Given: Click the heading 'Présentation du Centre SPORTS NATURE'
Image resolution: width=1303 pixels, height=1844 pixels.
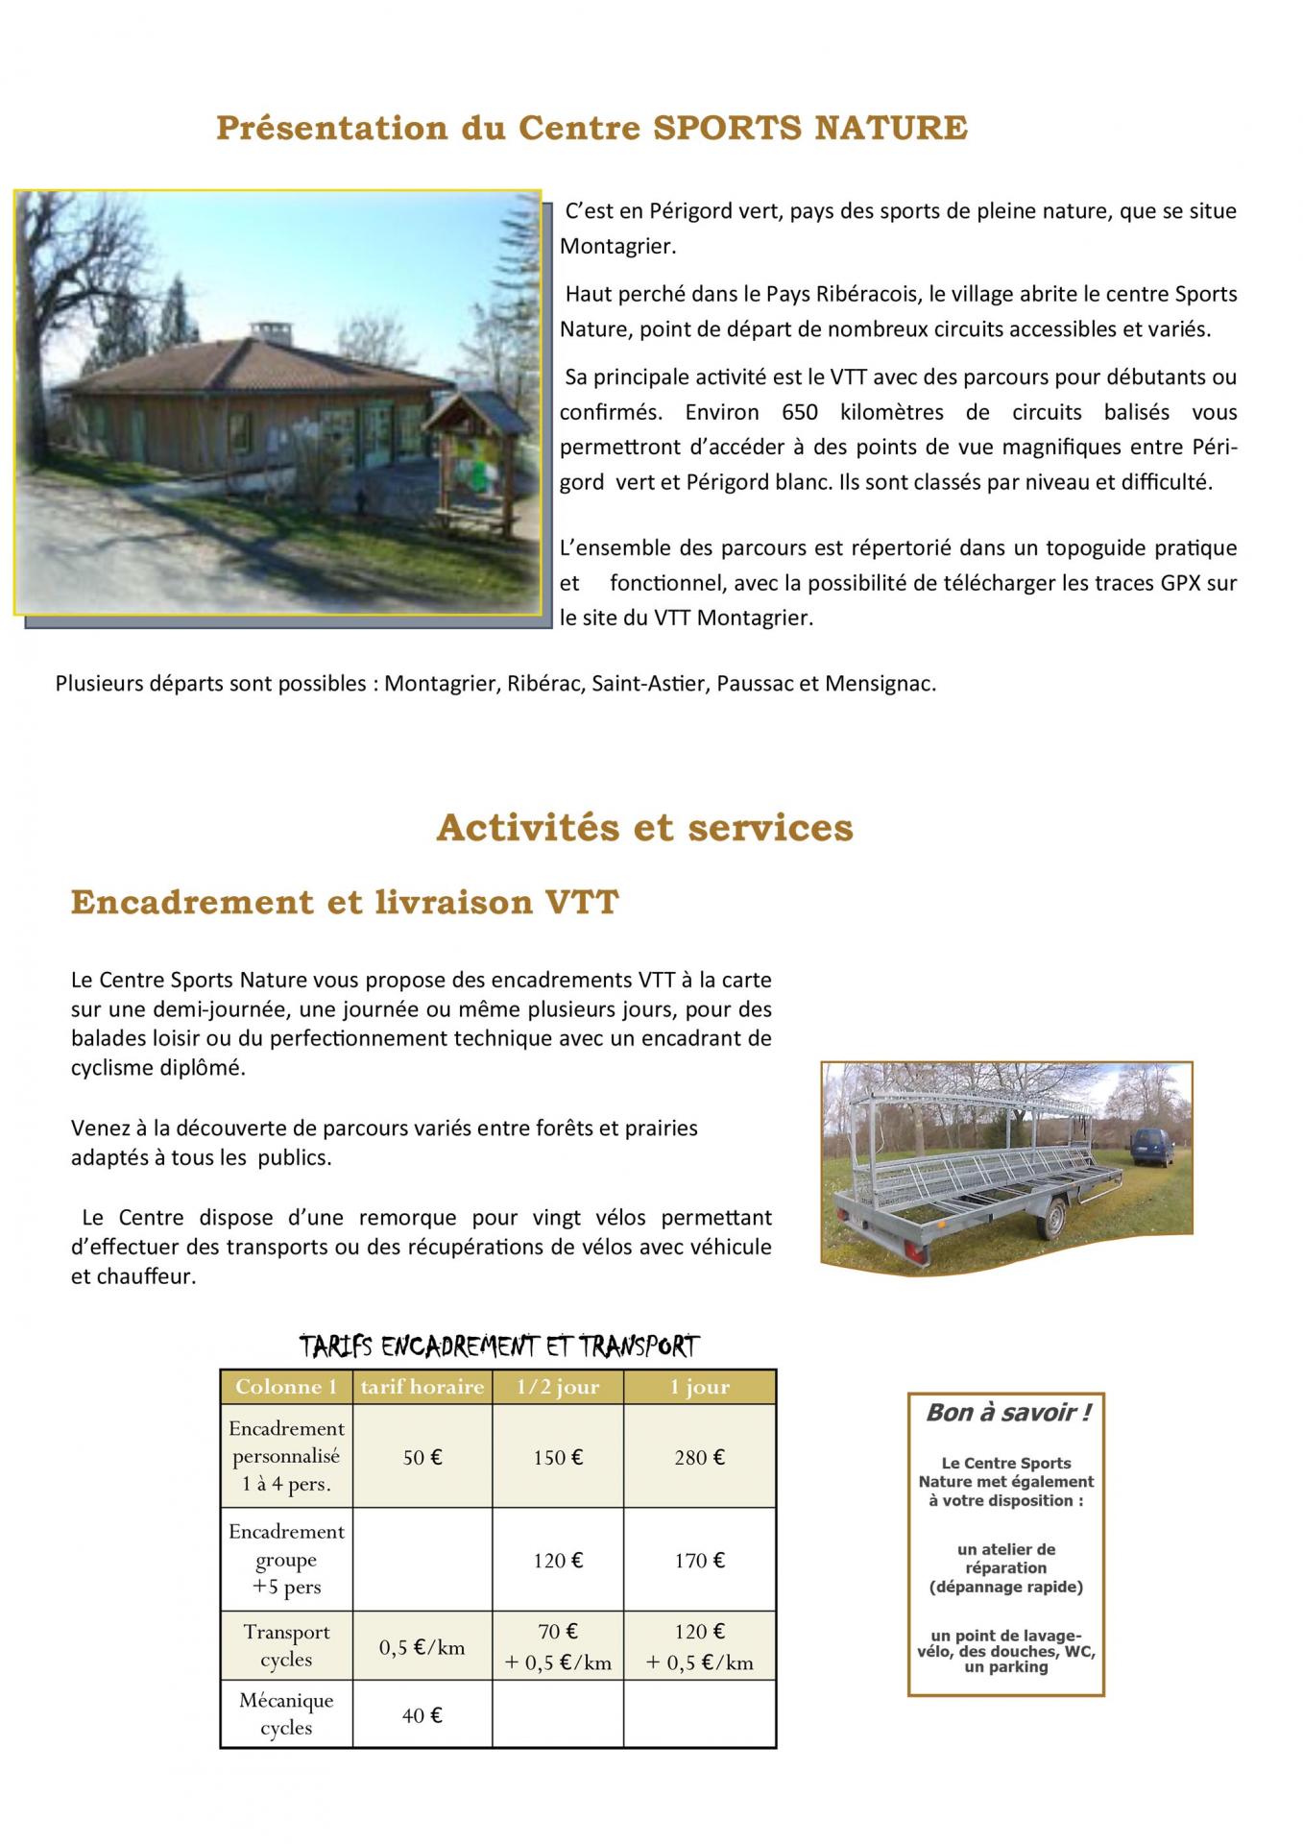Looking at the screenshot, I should click(591, 128).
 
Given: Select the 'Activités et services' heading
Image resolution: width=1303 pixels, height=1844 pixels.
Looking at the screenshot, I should click(644, 827).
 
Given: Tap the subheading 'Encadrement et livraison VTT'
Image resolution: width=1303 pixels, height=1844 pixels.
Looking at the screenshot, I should click(345, 903).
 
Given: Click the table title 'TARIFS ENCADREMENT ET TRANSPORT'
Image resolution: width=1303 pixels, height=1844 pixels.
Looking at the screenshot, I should click(499, 1347).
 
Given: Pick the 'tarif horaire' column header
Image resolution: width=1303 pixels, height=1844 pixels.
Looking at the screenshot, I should click(422, 1387).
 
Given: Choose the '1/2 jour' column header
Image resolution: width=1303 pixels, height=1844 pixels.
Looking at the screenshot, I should click(558, 1387).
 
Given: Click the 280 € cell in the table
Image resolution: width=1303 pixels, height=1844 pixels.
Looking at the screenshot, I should click(699, 1457).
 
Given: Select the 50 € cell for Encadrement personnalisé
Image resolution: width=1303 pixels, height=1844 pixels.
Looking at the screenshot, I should click(422, 1457).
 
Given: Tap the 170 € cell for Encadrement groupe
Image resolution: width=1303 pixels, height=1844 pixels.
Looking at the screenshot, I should click(699, 1561).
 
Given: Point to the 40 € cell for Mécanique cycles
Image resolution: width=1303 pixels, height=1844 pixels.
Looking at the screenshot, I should click(422, 1715).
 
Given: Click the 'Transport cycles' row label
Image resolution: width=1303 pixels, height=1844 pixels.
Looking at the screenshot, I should click(286, 1646).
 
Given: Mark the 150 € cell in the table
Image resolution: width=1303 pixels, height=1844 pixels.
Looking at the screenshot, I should click(558, 1457).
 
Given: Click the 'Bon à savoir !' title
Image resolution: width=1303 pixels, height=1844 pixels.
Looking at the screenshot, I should click(1007, 1413).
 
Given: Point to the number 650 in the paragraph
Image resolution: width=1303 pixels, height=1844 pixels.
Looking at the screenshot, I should click(799, 413).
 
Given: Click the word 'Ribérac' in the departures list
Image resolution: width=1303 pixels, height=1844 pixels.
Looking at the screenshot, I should click(543, 685).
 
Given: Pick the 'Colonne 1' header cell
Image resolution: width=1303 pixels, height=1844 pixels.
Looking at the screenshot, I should click(286, 1387).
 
